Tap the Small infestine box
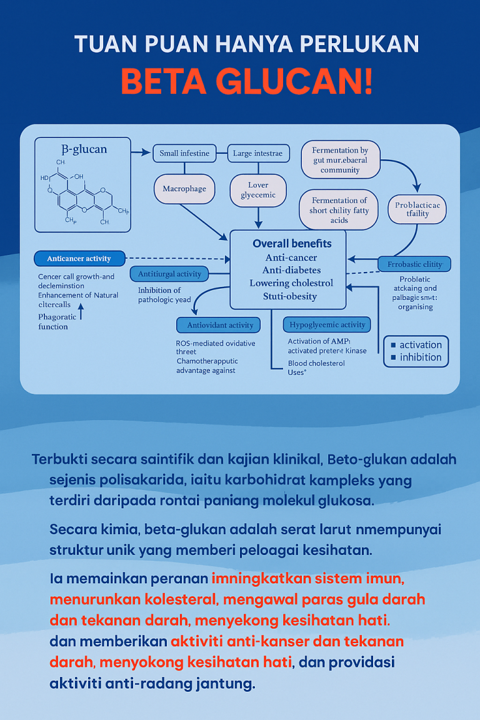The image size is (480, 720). (x=184, y=153)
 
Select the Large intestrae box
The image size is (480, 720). (x=257, y=153)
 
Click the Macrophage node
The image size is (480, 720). (x=184, y=189)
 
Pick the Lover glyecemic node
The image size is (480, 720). (x=258, y=190)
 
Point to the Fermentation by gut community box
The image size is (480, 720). (x=340, y=160)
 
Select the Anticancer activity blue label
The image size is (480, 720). (x=79, y=259)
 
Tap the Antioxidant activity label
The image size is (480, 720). (x=215, y=325)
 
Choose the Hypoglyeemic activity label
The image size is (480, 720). (x=327, y=325)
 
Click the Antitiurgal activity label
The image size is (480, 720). (x=171, y=274)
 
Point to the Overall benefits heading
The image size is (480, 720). (x=292, y=243)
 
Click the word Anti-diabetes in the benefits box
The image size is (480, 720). (x=292, y=270)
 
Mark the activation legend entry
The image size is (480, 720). (x=416, y=344)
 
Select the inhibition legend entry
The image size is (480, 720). (x=416, y=357)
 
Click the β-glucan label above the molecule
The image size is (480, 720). (x=84, y=149)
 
